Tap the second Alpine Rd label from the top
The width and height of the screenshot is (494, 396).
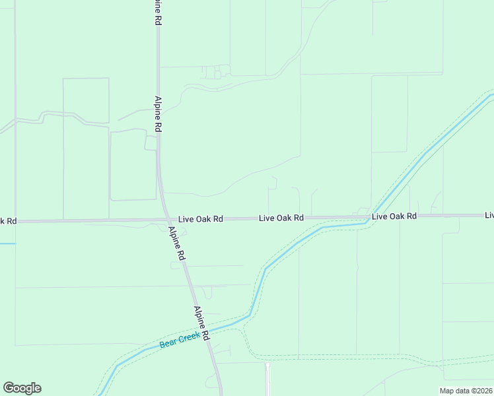click(x=159, y=114)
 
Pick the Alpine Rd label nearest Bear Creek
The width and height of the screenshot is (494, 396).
click(x=202, y=323)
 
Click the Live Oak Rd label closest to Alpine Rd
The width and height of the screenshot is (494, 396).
click(x=201, y=218)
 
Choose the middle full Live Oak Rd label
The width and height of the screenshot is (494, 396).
click(x=281, y=217)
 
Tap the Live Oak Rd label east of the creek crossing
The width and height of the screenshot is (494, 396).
click(x=394, y=216)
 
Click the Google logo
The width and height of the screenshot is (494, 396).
click(x=22, y=388)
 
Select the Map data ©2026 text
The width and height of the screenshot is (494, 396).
click(x=466, y=391)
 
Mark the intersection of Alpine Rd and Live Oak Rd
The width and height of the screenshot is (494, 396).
click(x=166, y=220)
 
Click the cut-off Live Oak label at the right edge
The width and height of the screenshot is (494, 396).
click(x=489, y=215)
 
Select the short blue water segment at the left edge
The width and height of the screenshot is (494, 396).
click(x=7, y=244)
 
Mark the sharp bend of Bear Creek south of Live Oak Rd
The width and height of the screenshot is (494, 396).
click(x=265, y=269)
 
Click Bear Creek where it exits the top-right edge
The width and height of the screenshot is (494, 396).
click(x=490, y=96)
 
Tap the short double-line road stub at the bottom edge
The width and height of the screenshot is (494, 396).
click(x=267, y=379)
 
